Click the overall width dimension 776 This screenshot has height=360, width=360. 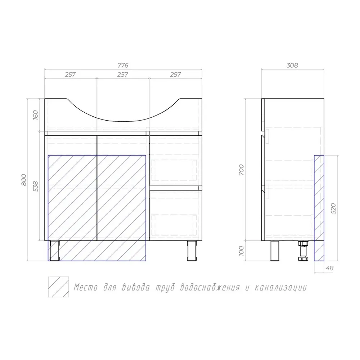[x=123, y=66]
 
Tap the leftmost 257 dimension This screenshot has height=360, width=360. [x=70, y=75]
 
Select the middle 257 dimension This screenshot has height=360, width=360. [x=123, y=75]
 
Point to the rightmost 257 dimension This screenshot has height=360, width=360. [x=175, y=75]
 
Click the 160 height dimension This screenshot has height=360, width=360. [x=35, y=115]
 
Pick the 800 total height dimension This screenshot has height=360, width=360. [x=24, y=180]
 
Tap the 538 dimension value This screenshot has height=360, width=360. [x=35, y=186]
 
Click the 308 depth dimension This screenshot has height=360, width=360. [x=292, y=66]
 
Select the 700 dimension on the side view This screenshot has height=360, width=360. [x=241, y=170]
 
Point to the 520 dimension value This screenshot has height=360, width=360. [x=333, y=208]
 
